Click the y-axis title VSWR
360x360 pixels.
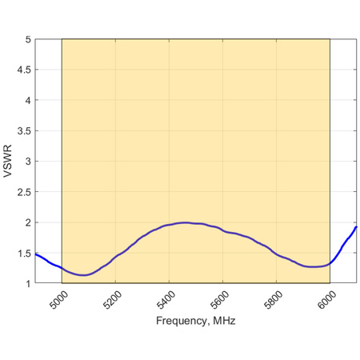pos(8,161)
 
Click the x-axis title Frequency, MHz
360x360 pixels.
pos(196,320)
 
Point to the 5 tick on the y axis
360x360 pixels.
pos(27,39)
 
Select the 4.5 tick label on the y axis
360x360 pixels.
pos(23,70)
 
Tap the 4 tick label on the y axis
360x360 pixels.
pos(27,100)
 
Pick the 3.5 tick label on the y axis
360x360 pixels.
pos(23,130)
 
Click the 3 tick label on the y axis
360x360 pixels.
pos(27,161)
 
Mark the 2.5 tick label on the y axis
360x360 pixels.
pos(23,191)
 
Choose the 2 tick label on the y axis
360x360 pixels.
pos(27,222)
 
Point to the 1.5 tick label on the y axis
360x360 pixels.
pos(23,252)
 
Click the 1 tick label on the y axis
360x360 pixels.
pos(27,282)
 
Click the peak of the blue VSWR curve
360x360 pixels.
pos(185,222)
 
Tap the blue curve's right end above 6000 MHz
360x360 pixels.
pos(355,227)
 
